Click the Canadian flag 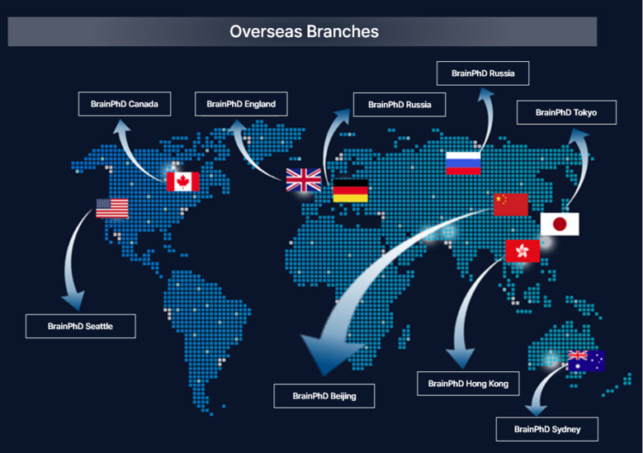(183, 182)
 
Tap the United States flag (112, 208)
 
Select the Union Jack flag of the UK (304, 180)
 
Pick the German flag (350, 191)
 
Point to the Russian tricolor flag (463, 163)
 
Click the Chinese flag (511, 205)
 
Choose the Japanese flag (560, 224)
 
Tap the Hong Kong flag (522, 251)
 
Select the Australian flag (586, 361)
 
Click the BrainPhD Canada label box (125, 104)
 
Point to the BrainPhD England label (241, 104)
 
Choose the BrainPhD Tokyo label (566, 112)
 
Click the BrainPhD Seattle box (80, 326)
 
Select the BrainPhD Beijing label (324, 396)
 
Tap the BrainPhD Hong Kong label (468, 384)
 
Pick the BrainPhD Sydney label (547, 429)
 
